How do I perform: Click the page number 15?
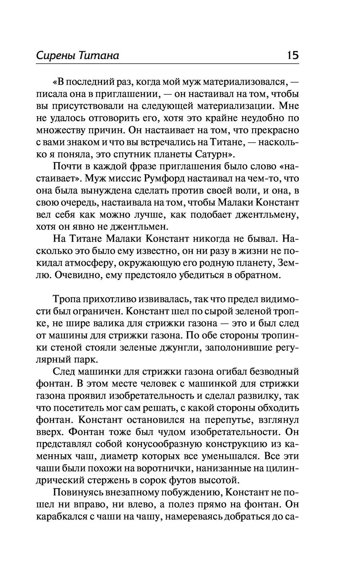[292, 55]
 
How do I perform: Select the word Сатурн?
[214, 155]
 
